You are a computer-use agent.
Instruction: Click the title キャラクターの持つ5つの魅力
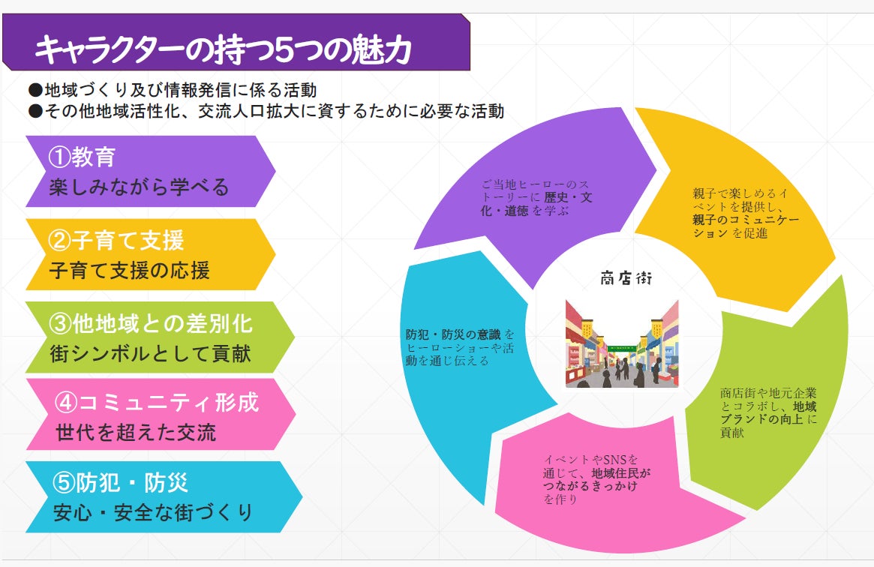pyautogui.click(x=223, y=49)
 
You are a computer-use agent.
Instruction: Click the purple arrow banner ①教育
pyautogui.click(x=151, y=172)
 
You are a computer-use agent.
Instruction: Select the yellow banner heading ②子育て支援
pyautogui.click(x=116, y=241)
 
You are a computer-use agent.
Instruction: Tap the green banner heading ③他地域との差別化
pyautogui.click(x=151, y=323)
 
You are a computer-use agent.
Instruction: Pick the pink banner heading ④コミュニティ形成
pyautogui.click(x=157, y=402)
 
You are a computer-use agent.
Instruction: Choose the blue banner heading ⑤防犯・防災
pyautogui.click(x=120, y=482)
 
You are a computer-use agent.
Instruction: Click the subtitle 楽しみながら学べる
pyautogui.click(x=139, y=187)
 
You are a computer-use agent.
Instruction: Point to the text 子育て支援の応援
pyautogui.click(x=129, y=271)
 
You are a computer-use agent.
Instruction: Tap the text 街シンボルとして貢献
pyautogui.click(x=150, y=354)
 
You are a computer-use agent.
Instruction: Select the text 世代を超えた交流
pyautogui.click(x=136, y=433)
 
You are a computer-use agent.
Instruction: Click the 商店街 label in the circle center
pyautogui.click(x=626, y=278)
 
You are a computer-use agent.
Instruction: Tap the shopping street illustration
pyautogui.click(x=622, y=343)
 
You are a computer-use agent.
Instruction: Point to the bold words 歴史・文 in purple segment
pyautogui.click(x=568, y=198)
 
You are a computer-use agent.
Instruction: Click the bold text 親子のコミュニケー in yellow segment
pyautogui.click(x=746, y=220)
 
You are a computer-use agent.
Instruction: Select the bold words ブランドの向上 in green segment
pyautogui.click(x=762, y=419)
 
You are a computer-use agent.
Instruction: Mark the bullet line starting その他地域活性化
pyautogui.click(x=266, y=112)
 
